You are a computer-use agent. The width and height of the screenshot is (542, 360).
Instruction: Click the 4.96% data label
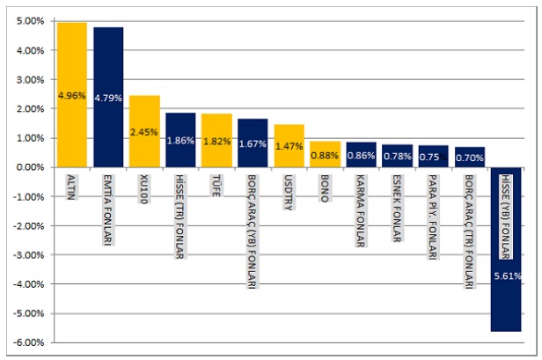click(72, 94)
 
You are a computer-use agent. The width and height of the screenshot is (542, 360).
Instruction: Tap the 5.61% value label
click(508, 276)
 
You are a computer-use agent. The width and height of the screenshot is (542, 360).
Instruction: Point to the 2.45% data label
click(144, 132)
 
